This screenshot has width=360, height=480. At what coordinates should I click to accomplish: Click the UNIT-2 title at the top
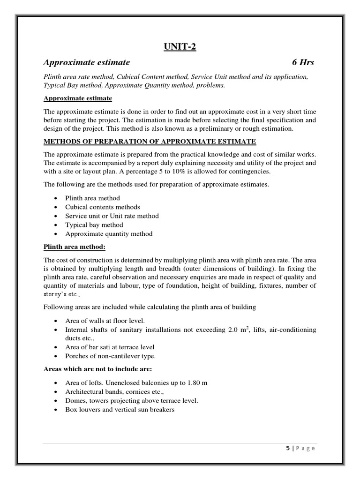point(180,46)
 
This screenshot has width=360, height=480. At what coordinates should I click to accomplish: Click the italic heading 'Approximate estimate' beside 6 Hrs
point(87,62)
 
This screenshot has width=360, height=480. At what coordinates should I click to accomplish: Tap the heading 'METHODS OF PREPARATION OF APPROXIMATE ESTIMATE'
point(150,142)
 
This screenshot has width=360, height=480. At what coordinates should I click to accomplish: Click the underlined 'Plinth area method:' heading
point(75,247)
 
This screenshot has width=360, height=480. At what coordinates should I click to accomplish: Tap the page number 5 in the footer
point(288,448)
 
